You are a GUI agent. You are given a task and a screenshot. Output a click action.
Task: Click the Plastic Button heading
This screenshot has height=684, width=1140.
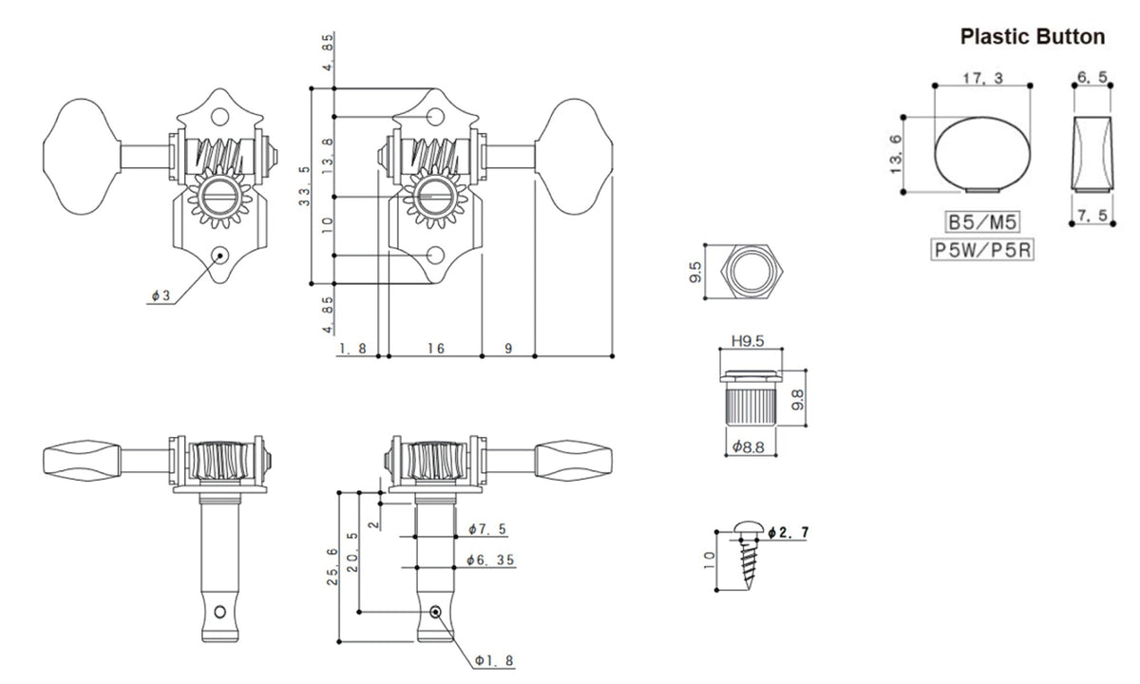pyautogui.click(x=1032, y=37)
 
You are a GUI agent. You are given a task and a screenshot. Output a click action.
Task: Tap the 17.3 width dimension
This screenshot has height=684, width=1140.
pyautogui.click(x=982, y=78)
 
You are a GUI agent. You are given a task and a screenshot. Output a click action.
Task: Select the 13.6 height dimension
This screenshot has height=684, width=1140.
pyautogui.click(x=896, y=154)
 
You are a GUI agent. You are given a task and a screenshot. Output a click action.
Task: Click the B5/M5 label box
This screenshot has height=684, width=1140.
pyautogui.click(x=982, y=222)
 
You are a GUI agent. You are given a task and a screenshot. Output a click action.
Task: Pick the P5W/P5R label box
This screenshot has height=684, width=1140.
pyautogui.click(x=982, y=249)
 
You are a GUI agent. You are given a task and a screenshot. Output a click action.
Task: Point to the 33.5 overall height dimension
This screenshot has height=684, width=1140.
pyautogui.click(x=304, y=186)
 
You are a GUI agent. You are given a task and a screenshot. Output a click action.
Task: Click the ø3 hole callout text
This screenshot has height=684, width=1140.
pyautogui.click(x=161, y=295)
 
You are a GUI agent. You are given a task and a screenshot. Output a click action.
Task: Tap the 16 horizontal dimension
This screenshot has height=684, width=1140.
pyautogui.click(x=436, y=349)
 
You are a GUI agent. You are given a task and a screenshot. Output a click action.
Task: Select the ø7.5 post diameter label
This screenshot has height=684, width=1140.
pyautogui.click(x=487, y=529)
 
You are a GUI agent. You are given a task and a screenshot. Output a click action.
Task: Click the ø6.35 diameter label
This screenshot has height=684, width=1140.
pyautogui.click(x=490, y=560)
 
